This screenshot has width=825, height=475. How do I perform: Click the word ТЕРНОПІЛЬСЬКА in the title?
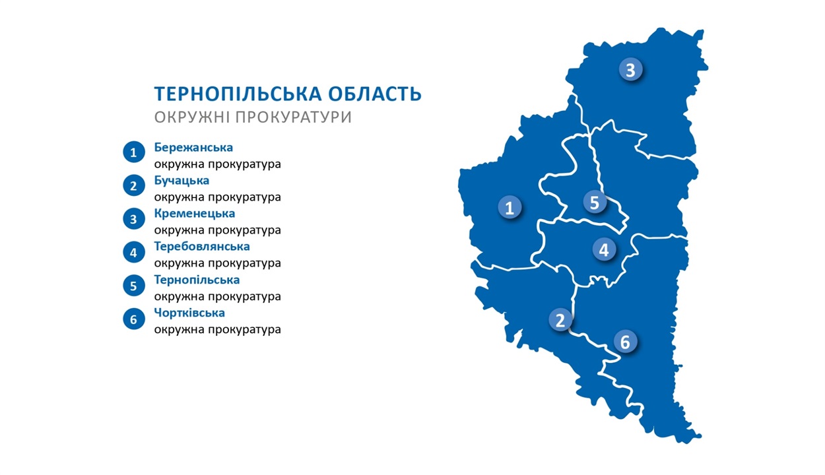(238, 94)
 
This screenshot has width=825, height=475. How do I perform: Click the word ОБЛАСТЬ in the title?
(375, 94)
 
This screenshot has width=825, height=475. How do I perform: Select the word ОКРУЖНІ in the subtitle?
(191, 117)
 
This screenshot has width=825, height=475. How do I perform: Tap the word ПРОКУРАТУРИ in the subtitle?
(294, 117)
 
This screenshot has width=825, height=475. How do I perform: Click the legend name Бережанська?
(193, 147)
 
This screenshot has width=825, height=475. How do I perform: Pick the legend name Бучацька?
(181, 180)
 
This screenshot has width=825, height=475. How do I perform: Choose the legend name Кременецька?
(195, 214)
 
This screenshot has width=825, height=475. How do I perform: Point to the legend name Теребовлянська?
(202, 246)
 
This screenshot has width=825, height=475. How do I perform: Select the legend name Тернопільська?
(197, 280)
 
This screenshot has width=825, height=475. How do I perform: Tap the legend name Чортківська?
(189, 313)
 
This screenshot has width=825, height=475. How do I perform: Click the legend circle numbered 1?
(134, 152)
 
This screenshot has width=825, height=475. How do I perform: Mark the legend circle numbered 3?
(134, 219)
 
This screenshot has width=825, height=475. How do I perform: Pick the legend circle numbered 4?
(134, 252)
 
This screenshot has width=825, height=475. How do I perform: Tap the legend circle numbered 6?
(134, 319)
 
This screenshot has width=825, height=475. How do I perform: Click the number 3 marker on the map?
(630, 69)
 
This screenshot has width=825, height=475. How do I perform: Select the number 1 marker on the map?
(510, 207)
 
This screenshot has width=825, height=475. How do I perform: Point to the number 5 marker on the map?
(595, 202)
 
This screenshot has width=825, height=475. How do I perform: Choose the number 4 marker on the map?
(604, 249)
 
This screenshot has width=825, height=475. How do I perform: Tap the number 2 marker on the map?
(560, 319)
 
